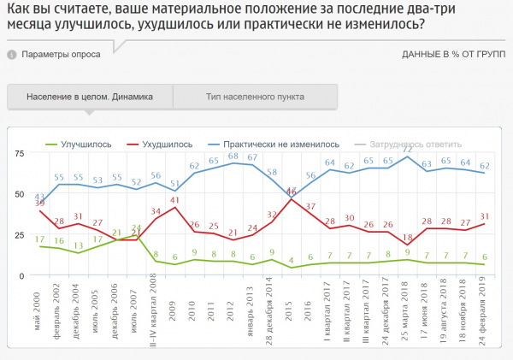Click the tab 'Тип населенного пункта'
(x=255, y=97)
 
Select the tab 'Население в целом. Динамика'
(x=89, y=97)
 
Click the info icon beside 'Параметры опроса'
(x=12, y=54)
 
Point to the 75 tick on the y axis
(x=19, y=152)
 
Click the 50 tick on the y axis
(x=19, y=193)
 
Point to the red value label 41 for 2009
(x=174, y=200)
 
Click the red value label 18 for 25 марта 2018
(x=408, y=238)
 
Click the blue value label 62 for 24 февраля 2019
(x=486, y=166)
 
